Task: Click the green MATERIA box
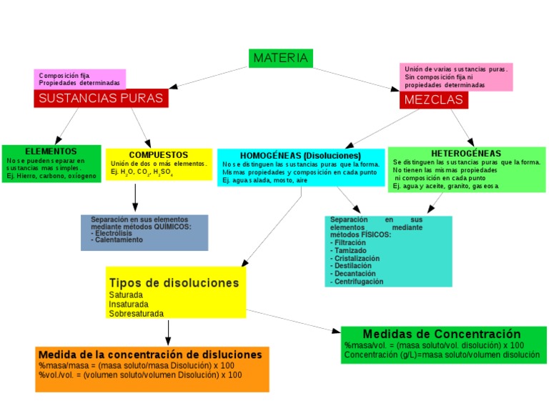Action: pyautogui.click(x=281, y=58)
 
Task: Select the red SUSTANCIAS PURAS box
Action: pyautogui.click(x=101, y=99)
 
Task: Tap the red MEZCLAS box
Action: pyautogui.click(x=434, y=100)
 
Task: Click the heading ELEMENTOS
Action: pyautogui.click(x=51, y=152)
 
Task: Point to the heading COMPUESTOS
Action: pyautogui.click(x=159, y=154)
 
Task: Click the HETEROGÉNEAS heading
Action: pyautogui.click(x=466, y=153)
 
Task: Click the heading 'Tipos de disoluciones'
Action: pyautogui.click(x=174, y=282)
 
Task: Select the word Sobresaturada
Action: pyautogui.click(x=136, y=313)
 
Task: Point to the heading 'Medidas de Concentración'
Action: pyautogui.click(x=442, y=334)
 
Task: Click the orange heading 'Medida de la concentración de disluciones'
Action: pyautogui.click(x=150, y=355)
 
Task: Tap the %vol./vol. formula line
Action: pyautogui.click(x=140, y=375)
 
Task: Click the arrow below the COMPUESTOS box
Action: pyautogui.click(x=135, y=197)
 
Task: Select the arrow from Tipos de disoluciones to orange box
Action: pyautogui.click(x=168, y=332)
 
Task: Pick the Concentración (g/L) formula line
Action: pyautogui.click(x=441, y=355)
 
